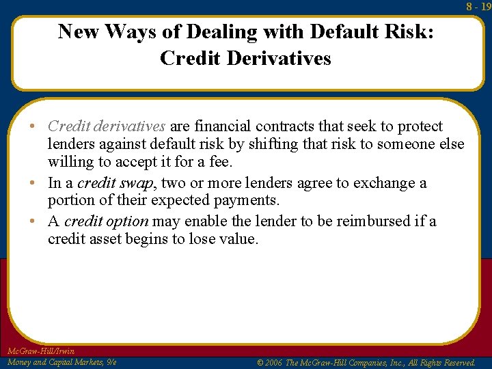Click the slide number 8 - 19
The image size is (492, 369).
click(478, 7)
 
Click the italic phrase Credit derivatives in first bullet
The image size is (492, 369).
click(107, 126)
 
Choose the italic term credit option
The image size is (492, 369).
click(106, 221)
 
